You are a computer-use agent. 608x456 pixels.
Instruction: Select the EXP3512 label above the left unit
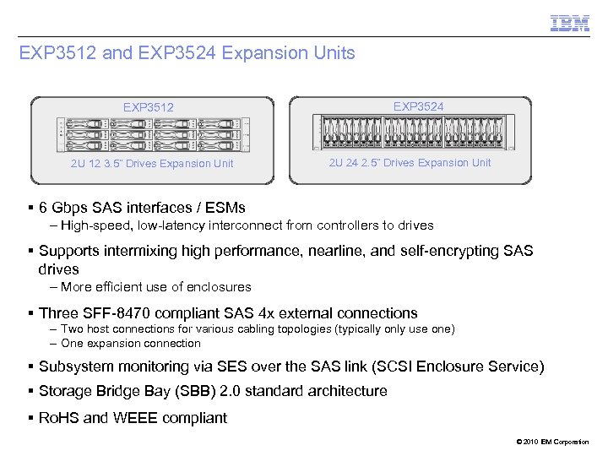[x=148, y=107]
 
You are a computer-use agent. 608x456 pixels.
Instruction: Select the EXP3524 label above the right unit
[x=418, y=106]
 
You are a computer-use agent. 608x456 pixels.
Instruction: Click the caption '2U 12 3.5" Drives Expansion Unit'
[x=152, y=164]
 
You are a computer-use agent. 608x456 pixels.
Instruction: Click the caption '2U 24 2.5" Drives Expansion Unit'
[x=410, y=163]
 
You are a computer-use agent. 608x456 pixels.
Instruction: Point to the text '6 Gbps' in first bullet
[x=65, y=208]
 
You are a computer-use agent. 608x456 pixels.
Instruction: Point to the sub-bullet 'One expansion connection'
[x=130, y=344]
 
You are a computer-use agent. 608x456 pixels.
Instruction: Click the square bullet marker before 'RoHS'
[x=30, y=418]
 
